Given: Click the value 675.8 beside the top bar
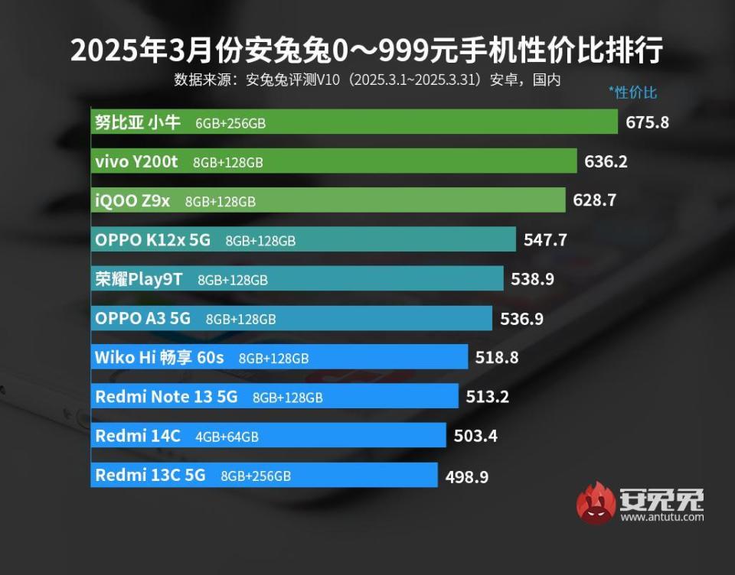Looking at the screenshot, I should pos(648,122).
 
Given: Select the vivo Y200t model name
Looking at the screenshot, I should pos(136,161).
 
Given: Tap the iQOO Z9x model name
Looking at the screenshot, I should pos(132,200).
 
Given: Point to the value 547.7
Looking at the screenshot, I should pos(545,240).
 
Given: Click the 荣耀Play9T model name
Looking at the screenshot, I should pos(139,279).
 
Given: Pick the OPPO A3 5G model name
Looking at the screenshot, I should pos(142,318).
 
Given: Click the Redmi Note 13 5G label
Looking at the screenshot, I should pos(166,397).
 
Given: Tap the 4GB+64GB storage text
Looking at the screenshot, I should pos(227,437).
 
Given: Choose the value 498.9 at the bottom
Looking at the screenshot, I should pos(466,476).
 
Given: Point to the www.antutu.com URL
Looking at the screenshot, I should pos(661,518).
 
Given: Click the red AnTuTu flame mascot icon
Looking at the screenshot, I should pos(596,503).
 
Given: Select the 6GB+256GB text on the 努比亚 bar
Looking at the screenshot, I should pos(230,122).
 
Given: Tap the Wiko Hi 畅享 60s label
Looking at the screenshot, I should pos(159,357).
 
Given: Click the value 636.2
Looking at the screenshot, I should pos(606,162).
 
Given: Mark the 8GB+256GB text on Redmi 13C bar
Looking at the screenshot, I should pos(256,476).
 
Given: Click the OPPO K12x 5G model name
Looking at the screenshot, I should pos(152,240).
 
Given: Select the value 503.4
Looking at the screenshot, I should pos(475,437).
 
